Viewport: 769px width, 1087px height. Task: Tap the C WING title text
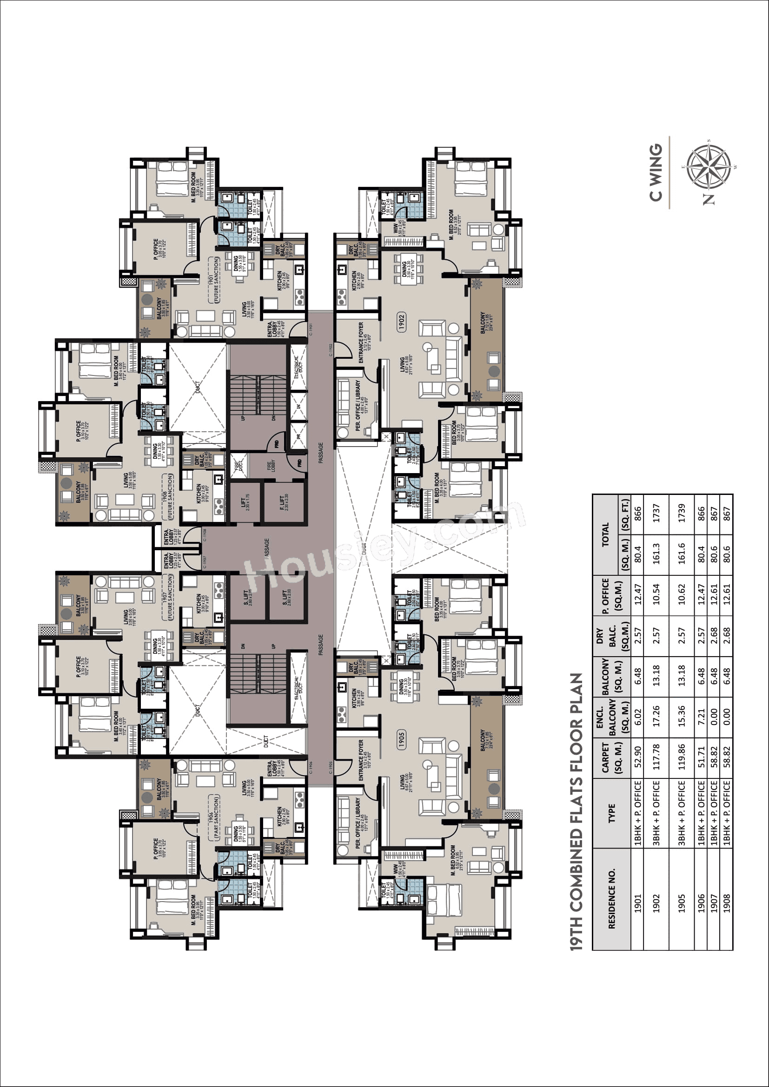(656, 173)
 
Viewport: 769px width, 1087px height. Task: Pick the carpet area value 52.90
(638, 756)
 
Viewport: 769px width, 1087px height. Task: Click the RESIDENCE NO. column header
(612, 899)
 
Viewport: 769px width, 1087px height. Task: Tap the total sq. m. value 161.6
(682, 553)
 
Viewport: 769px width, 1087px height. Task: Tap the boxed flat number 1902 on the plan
(401, 322)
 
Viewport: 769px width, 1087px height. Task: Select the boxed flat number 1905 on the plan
(401, 739)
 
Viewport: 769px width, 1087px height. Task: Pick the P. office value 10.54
(656, 594)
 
